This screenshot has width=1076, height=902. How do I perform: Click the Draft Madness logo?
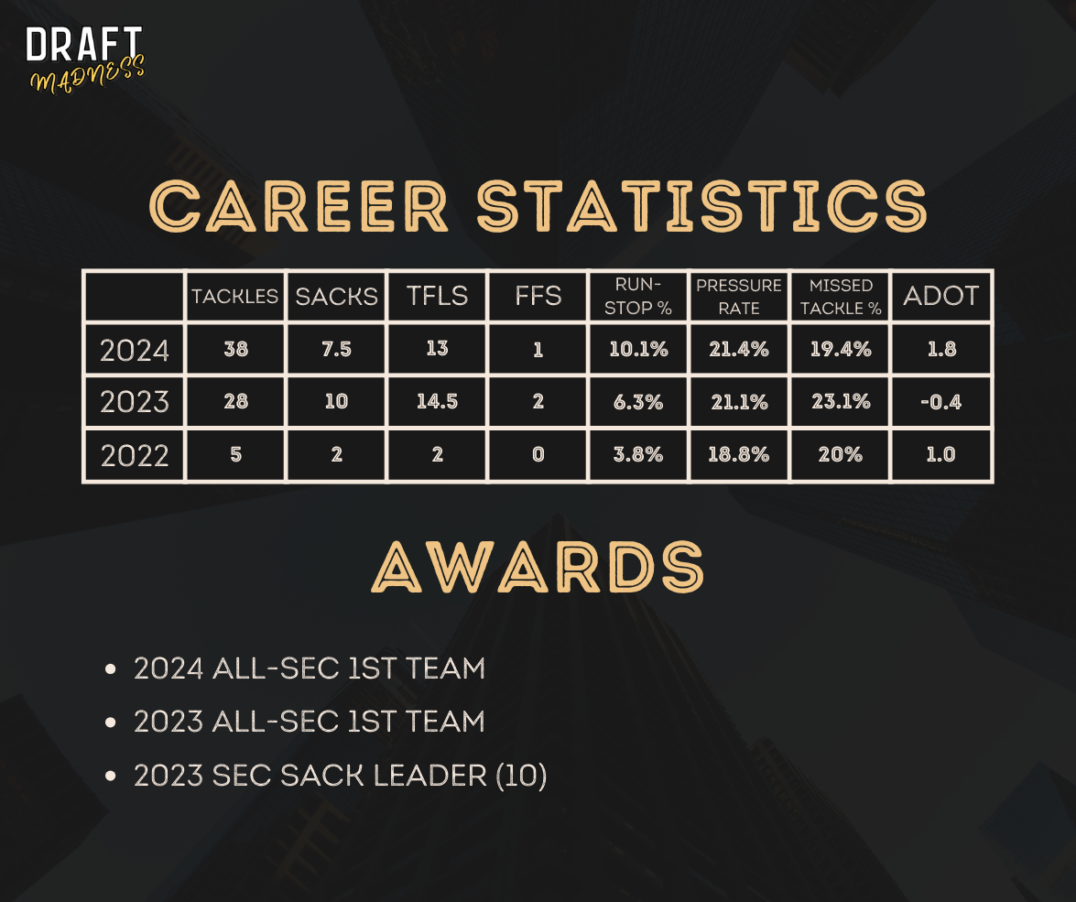85,59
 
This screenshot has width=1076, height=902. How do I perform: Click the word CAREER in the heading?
299,205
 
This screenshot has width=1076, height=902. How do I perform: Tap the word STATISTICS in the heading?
702,205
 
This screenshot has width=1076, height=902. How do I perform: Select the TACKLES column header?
234,297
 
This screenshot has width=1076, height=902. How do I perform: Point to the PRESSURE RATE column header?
739,297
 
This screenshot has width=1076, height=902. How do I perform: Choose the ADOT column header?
940,296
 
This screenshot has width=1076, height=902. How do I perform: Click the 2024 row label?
135,350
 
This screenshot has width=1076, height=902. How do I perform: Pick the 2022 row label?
135,455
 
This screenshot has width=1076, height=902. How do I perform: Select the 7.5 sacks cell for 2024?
336,350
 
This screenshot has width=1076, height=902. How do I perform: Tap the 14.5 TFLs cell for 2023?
437,402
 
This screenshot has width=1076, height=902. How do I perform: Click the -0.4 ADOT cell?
940,402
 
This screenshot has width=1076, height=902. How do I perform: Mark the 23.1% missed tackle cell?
841,402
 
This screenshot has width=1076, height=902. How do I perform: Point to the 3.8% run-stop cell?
638,454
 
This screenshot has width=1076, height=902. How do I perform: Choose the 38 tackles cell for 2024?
235,350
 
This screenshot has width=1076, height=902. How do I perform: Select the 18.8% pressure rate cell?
738,454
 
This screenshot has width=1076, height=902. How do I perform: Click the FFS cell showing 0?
538,454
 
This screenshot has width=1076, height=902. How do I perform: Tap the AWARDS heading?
538,566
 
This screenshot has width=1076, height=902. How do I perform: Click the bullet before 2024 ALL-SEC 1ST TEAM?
111,668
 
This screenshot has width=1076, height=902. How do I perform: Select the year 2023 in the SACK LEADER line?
168,776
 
